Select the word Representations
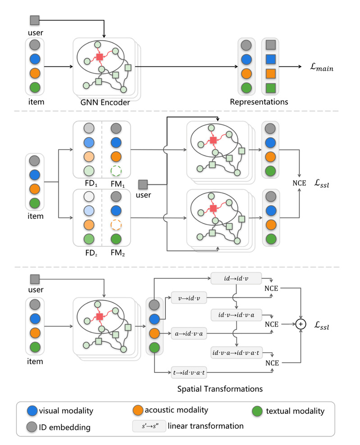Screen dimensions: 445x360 tap(259, 102)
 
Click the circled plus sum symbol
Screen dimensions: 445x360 tap(300, 324)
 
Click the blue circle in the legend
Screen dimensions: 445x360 tap(32, 410)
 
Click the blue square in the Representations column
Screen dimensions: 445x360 tap(270, 59)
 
